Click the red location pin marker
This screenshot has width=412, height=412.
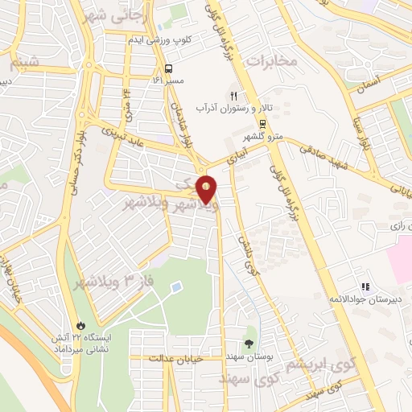207,190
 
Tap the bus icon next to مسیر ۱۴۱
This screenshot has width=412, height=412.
169,68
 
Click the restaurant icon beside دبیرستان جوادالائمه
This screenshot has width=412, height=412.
365,286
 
